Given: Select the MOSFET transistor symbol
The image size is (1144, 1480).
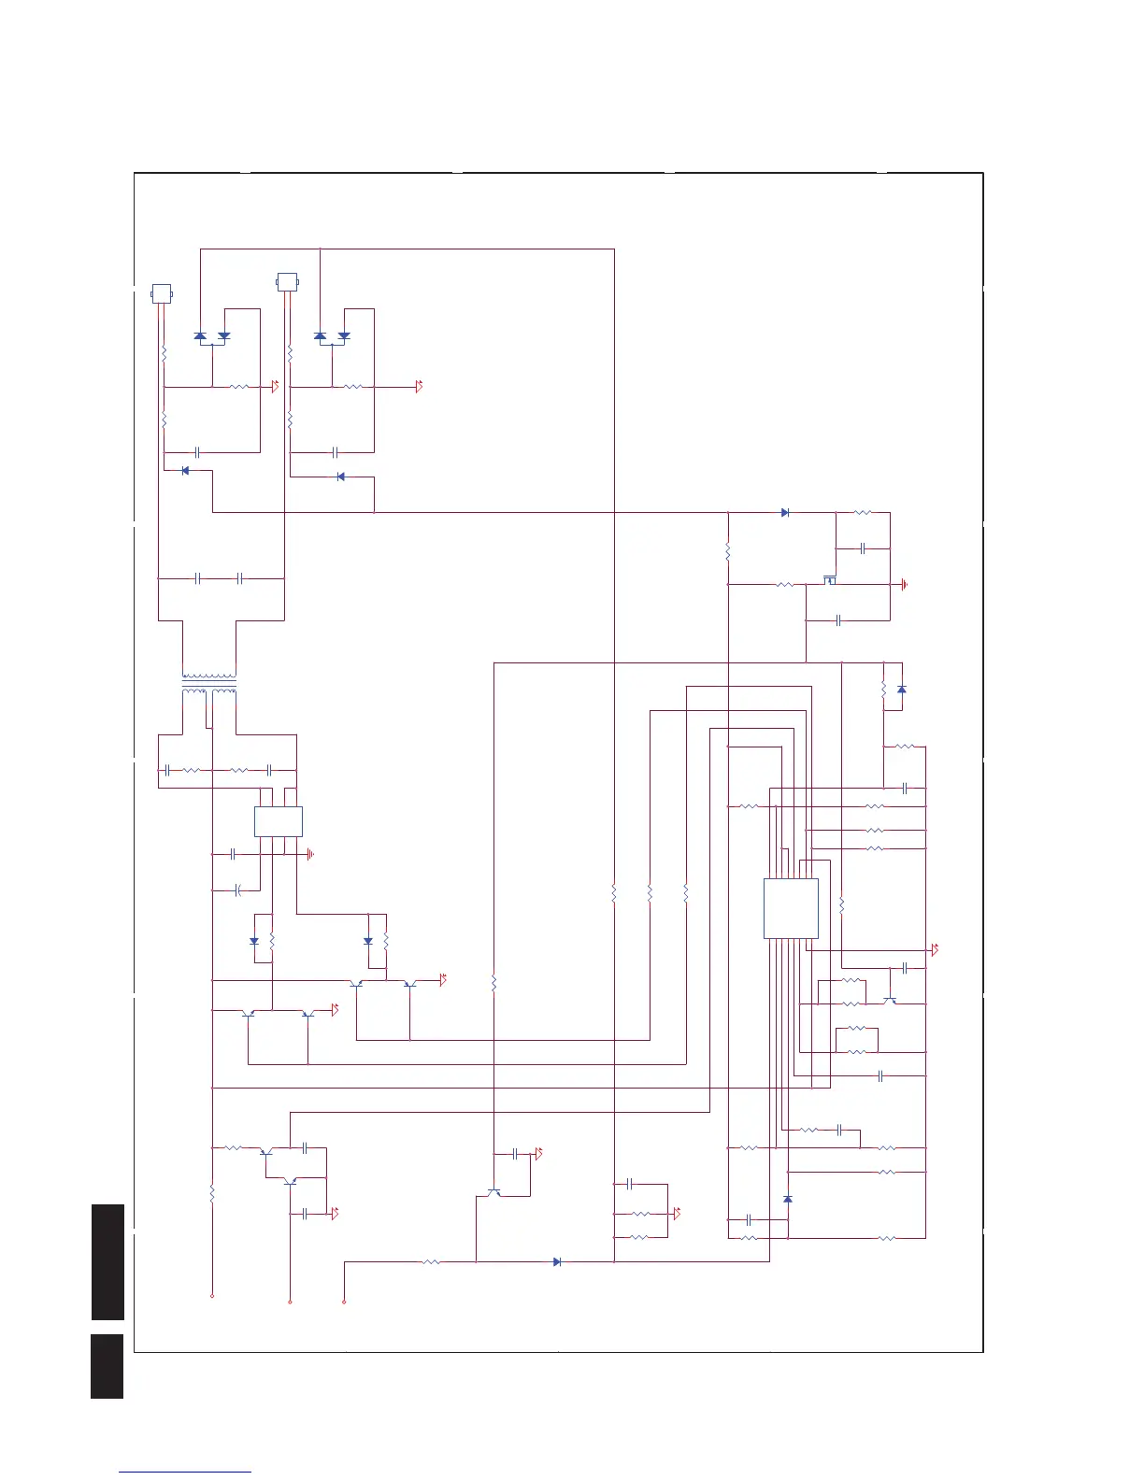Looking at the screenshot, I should (829, 580).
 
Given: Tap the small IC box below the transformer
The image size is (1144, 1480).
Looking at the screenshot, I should (279, 821).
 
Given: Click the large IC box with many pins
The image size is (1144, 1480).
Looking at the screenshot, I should (791, 907).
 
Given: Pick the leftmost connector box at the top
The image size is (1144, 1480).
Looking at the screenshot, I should (162, 293).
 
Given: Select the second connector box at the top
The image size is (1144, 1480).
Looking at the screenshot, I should (287, 281).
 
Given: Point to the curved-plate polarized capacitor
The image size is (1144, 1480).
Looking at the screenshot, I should (238, 889).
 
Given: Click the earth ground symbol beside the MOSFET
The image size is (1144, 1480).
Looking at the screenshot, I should (905, 586).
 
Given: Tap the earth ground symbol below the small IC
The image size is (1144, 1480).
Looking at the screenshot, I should (310, 854).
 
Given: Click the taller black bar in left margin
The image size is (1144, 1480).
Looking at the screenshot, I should (107, 1261).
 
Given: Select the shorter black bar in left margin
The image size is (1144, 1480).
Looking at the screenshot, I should (107, 1366).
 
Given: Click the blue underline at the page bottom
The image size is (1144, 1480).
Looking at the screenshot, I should (185, 1473).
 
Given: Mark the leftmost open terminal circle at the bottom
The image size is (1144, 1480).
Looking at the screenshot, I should (212, 1297).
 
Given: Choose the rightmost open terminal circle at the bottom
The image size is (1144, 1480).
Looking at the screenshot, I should (344, 1302).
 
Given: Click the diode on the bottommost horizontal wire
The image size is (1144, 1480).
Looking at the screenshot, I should (557, 1261).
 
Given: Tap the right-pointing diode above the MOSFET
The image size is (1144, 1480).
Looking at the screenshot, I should (785, 512).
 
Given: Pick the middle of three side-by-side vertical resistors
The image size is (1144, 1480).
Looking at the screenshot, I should (650, 894).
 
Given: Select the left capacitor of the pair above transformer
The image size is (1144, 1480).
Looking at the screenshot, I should (198, 578).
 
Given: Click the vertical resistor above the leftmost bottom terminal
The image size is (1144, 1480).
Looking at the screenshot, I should (212, 1193).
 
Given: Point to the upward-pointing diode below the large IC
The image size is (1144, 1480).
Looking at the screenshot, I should (788, 1198).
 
